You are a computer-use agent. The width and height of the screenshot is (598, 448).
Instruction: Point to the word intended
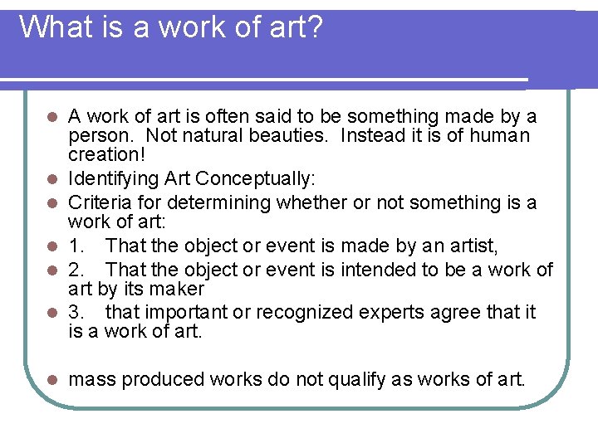point(365,270)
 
